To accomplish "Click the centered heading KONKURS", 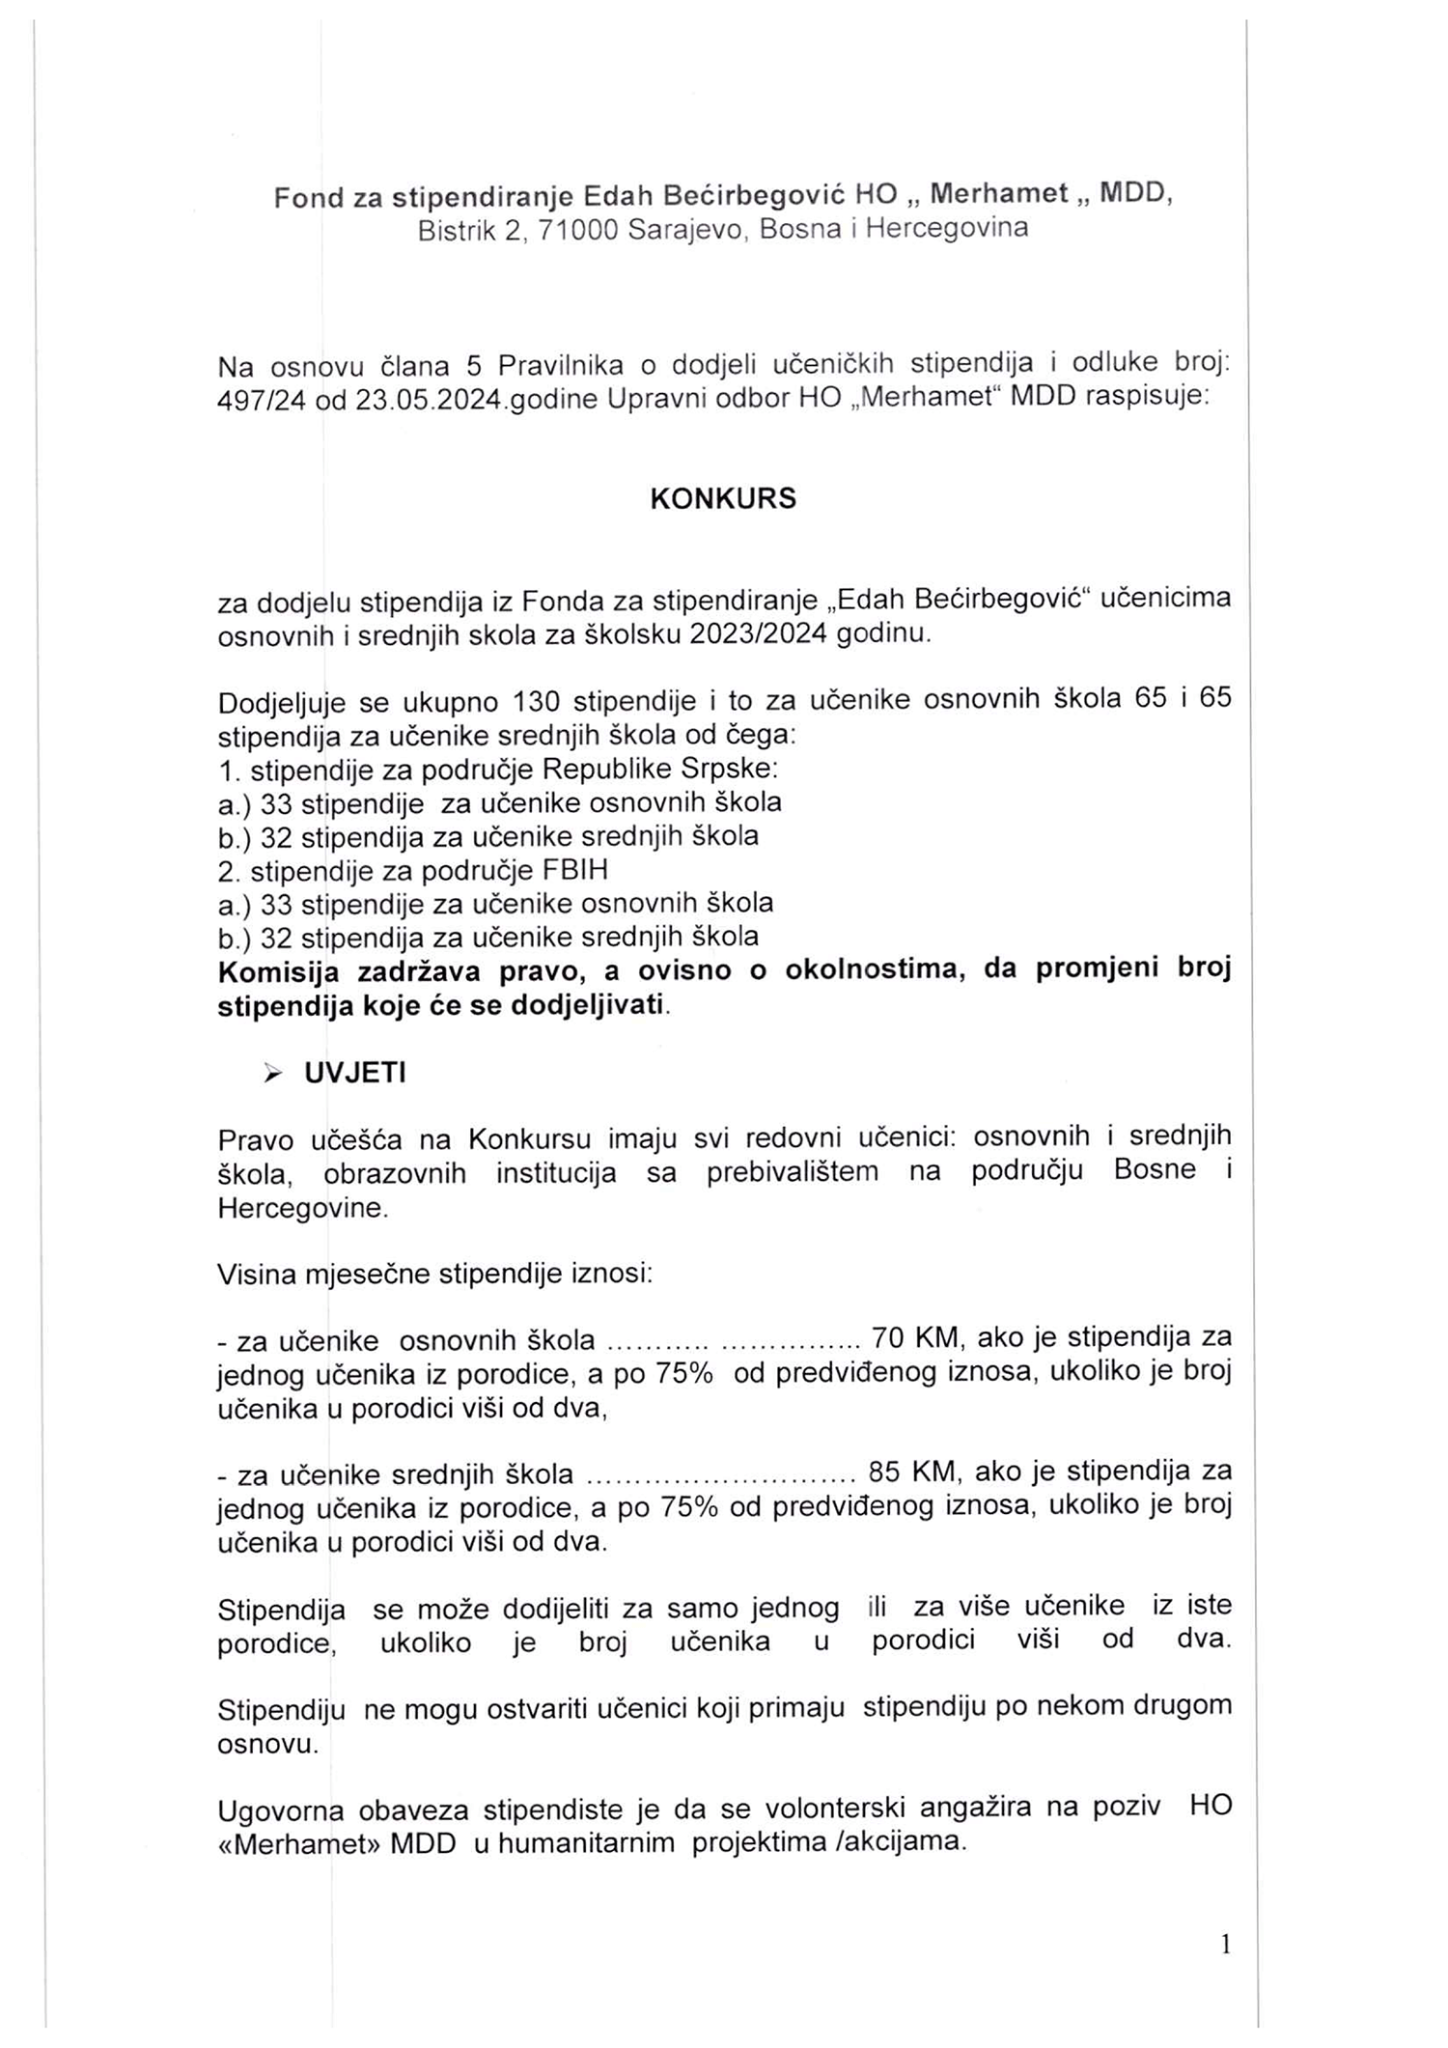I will point(723,498).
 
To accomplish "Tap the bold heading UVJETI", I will point(354,1074).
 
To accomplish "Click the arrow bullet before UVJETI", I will point(273,1074).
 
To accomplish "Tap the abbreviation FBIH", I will point(576,870).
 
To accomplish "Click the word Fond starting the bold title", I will point(309,197).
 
